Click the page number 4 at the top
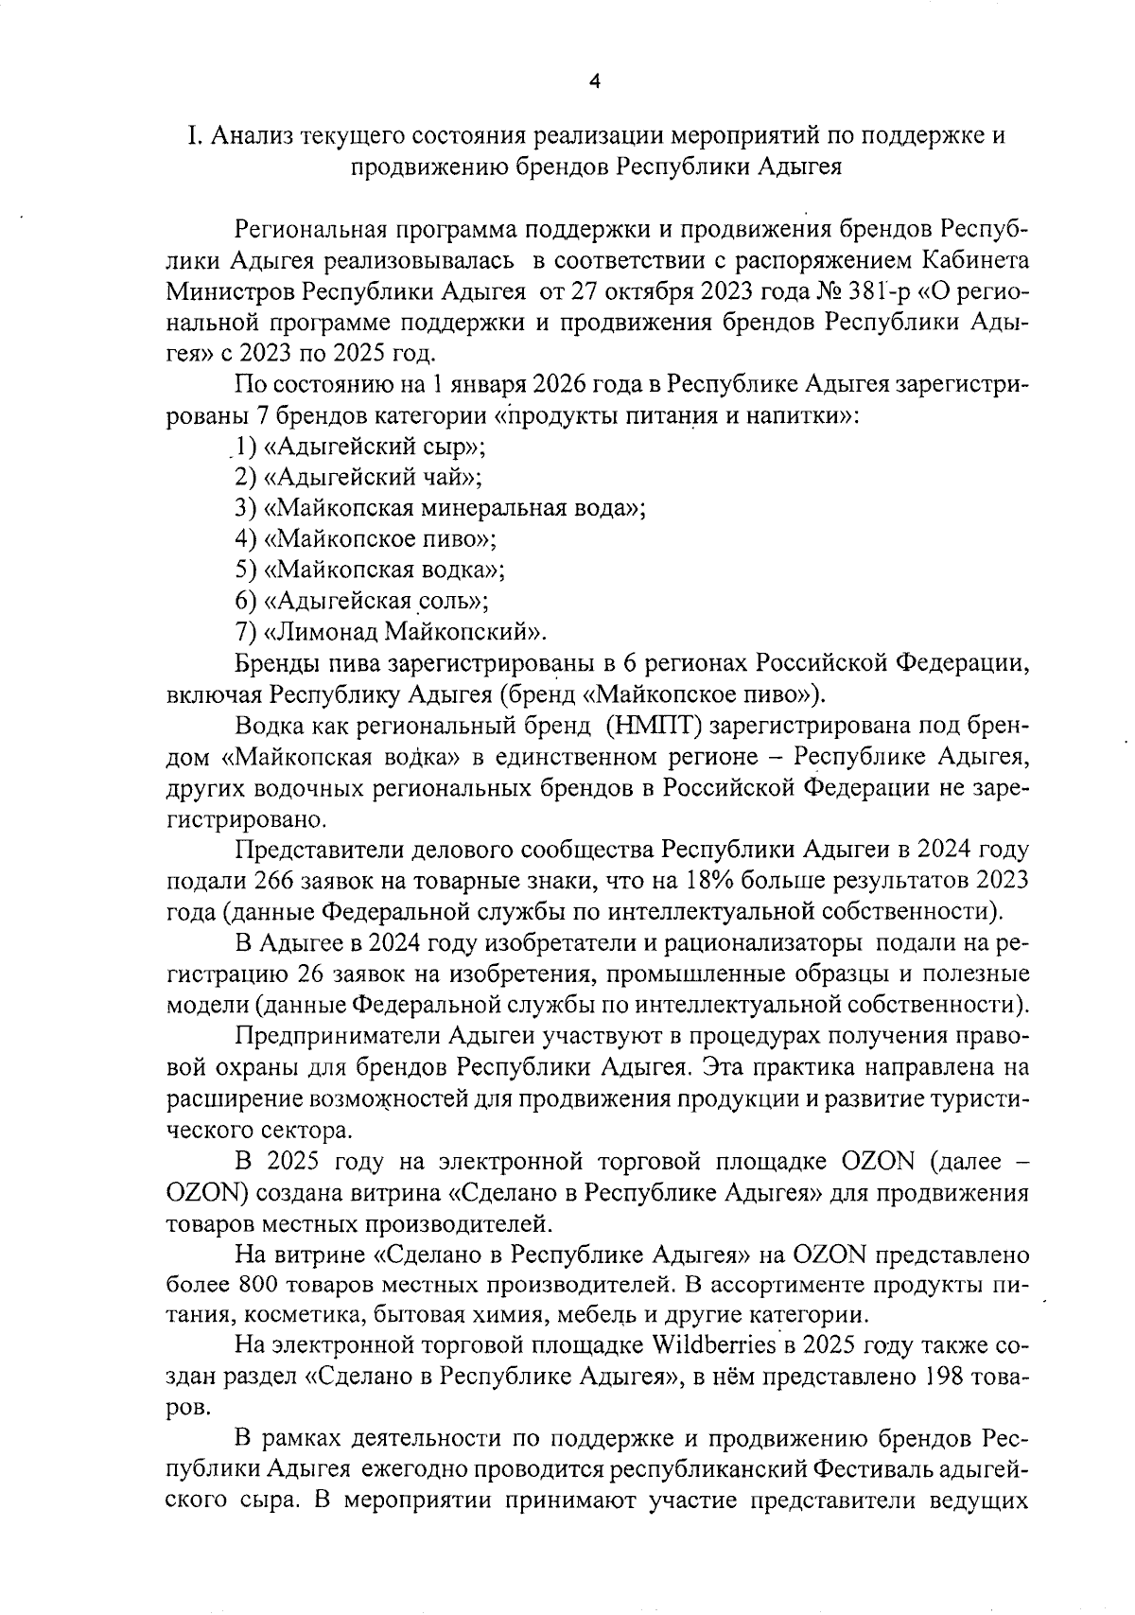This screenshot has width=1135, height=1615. pos(594,81)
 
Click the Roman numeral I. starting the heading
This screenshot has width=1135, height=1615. pos(193,135)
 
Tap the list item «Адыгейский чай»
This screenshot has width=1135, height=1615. pos(373,477)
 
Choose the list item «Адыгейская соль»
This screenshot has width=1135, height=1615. pos(376,600)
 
